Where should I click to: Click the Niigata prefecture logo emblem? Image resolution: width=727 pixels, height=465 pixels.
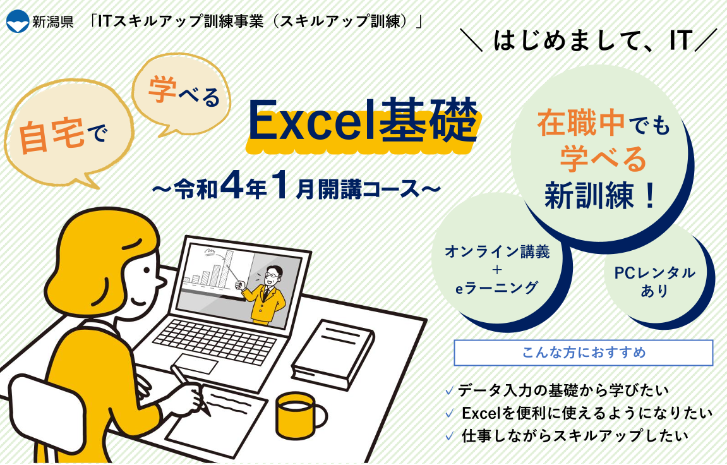(x=18, y=21)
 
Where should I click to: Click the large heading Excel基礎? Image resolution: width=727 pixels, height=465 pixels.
(x=363, y=121)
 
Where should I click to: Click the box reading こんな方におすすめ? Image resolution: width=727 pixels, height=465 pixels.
(x=583, y=353)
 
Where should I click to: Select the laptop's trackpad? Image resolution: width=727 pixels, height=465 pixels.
(x=196, y=363)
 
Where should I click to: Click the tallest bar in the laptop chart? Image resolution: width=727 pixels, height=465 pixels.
(x=229, y=269)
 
